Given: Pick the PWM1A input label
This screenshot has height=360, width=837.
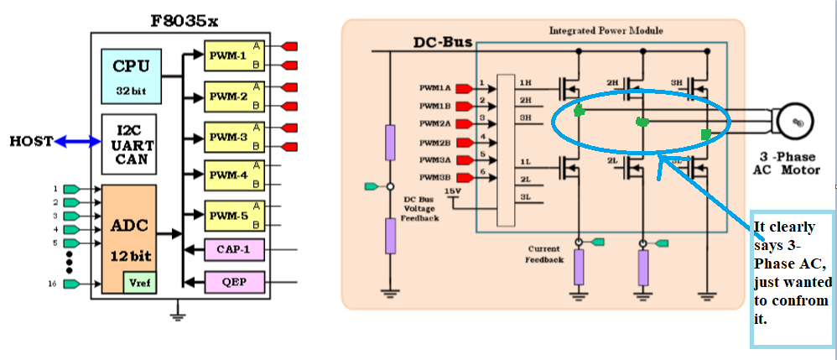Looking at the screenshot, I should point(435,86).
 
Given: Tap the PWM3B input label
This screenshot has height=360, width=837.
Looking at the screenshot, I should point(435,176).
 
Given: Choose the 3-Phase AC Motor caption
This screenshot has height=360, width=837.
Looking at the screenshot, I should point(788,164).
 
